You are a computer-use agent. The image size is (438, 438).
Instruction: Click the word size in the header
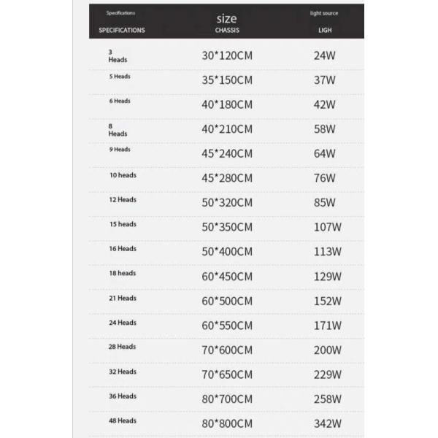[x=227, y=18]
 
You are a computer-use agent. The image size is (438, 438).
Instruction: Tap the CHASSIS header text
[x=227, y=30]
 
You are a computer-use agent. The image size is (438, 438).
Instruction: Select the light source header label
[x=324, y=13]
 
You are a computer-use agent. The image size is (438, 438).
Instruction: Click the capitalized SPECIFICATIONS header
[x=122, y=30]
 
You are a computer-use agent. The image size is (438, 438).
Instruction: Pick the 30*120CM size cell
[x=227, y=55]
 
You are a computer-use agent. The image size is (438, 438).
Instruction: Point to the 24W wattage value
[x=324, y=55]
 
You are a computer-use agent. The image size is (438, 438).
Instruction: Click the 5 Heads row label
[x=120, y=76]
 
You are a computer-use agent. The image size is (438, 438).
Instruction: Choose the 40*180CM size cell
[x=227, y=104]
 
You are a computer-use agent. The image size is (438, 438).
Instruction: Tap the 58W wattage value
[x=324, y=129]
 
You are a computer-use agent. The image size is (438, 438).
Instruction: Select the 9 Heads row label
[x=120, y=149]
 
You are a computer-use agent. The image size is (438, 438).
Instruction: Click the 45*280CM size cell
[x=227, y=178]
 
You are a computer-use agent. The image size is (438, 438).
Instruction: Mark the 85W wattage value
[x=324, y=202]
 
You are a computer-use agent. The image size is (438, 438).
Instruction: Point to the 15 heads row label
[x=123, y=224]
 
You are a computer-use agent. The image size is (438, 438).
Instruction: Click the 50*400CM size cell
[x=227, y=252]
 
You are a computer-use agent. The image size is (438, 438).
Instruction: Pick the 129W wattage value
[x=326, y=277]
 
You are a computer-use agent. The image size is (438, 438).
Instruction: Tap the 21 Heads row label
[x=123, y=298]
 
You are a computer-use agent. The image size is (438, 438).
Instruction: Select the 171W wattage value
[x=326, y=326]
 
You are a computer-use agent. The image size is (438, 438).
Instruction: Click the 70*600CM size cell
[x=227, y=350]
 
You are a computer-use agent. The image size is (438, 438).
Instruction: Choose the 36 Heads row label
[x=123, y=396]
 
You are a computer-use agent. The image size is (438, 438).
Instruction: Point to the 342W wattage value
[x=326, y=423]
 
